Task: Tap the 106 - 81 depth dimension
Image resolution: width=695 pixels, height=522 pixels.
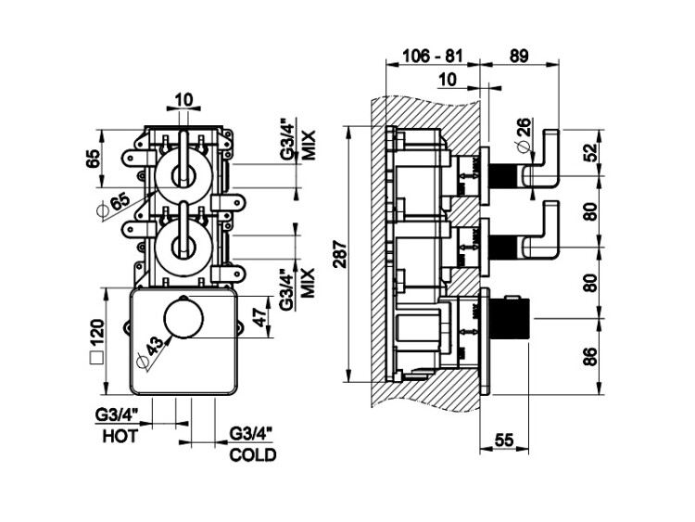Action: pos(429,57)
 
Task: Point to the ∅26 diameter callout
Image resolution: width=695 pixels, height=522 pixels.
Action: pos(522,134)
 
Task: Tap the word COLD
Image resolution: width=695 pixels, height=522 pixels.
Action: pos(252,455)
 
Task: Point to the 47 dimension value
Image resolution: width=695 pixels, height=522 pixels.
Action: pos(262,317)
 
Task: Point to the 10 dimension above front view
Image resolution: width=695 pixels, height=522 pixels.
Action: pos(183,99)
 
